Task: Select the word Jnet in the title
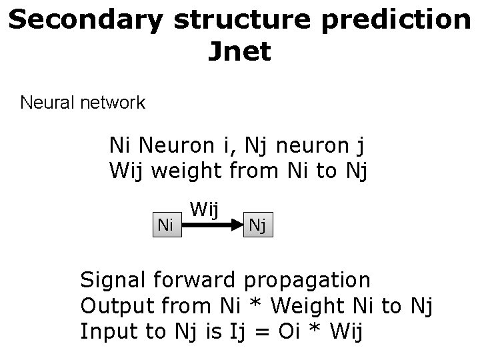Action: tap(239, 52)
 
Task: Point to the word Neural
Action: tap(50, 103)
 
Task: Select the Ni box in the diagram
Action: tap(165, 225)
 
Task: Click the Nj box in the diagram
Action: tap(257, 226)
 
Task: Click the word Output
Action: tap(117, 306)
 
